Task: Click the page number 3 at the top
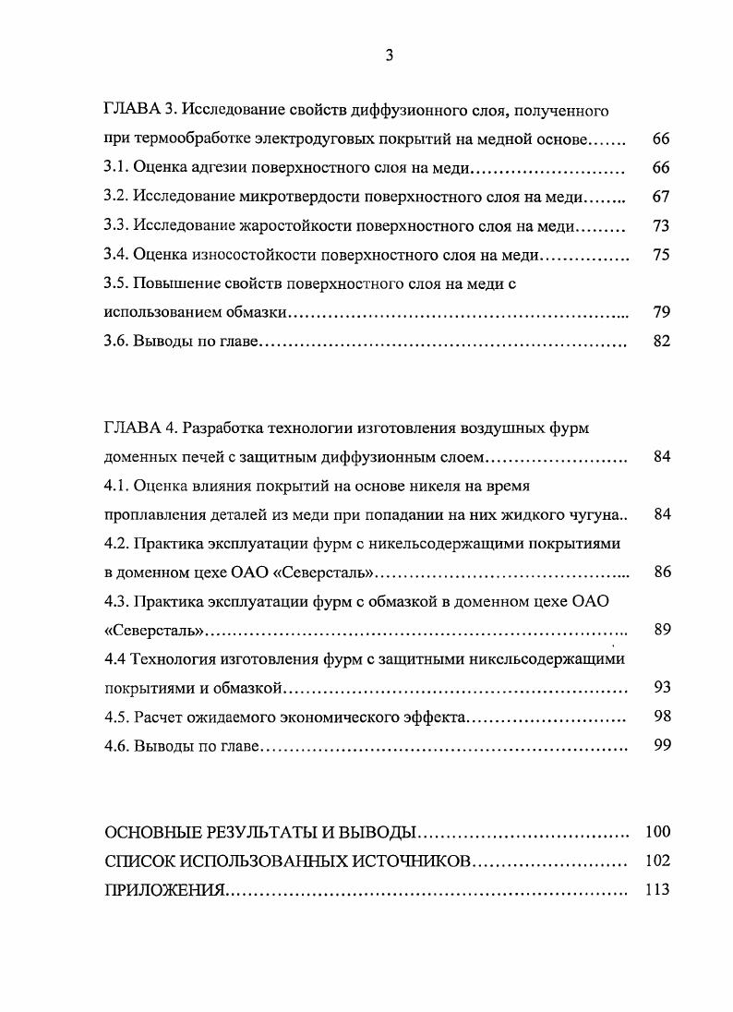tap(389, 55)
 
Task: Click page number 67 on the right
tap(660, 197)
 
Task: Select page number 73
tap(660, 226)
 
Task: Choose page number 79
tap(660, 312)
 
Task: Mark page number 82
tap(660, 342)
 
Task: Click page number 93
tap(660, 688)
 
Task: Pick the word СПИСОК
tap(137, 861)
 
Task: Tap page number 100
tap(657, 832)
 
